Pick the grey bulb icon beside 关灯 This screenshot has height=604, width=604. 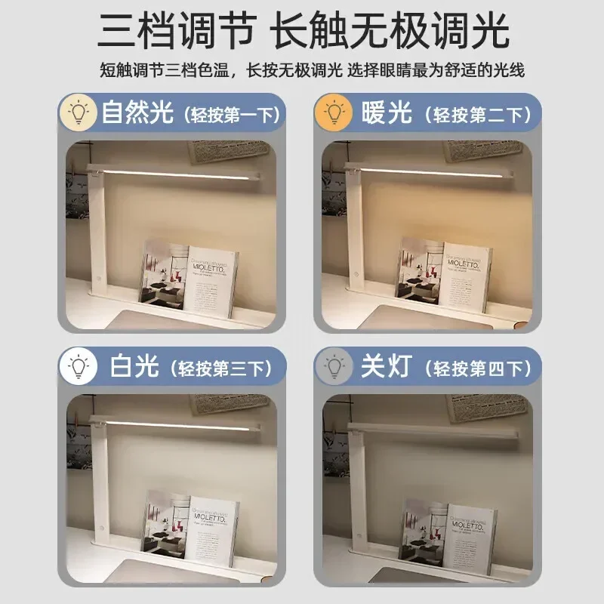(334, 367)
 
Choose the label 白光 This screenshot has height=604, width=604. (134, 368)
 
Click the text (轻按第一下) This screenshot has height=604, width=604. (230, 115)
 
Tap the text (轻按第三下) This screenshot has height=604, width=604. (220, 369)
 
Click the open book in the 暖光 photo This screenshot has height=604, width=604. (444, 273)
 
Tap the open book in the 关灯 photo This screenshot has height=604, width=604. (447, 535)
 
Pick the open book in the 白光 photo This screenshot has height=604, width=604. (190, 525)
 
